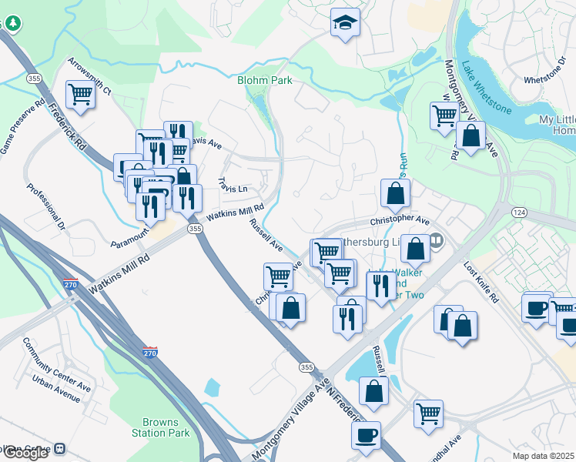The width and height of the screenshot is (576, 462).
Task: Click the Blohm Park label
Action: (x=264, y=80)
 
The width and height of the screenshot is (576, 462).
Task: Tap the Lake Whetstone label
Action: (x=486, y=87)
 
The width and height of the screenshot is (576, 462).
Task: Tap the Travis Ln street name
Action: (x=233, y=185)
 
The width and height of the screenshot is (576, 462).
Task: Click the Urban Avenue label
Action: (x=56, y=387)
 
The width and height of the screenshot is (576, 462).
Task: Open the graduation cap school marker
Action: (x=345, y=24)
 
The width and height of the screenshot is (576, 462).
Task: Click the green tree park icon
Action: (x=12, y=24)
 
